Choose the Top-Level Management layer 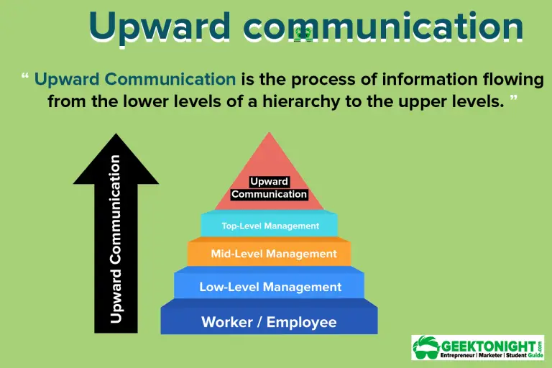pos(270,226)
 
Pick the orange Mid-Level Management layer pos(270,254)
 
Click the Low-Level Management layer pos(270,287)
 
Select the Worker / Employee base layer pos(269,321)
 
